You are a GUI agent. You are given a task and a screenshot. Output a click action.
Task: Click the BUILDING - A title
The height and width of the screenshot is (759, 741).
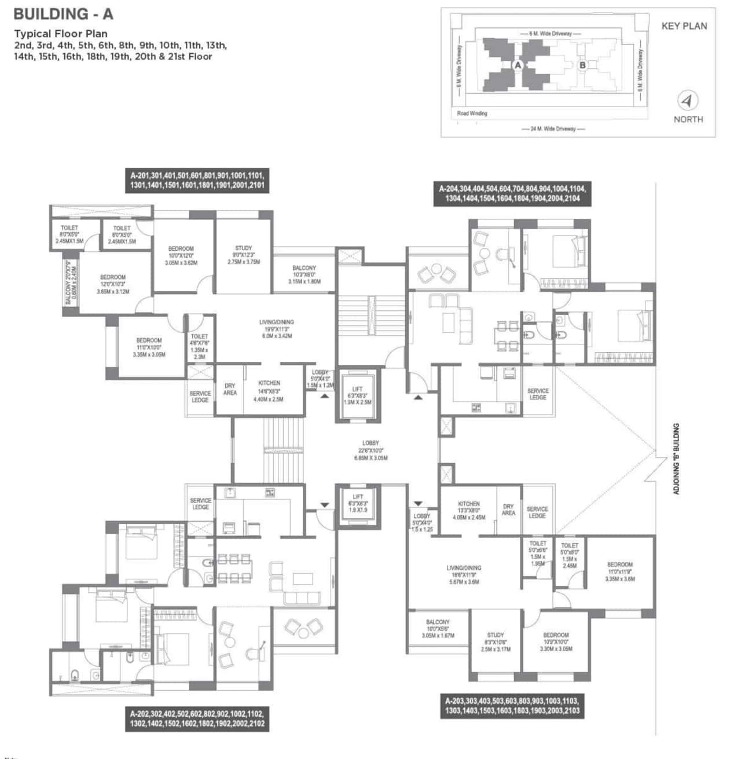tap(63, 13)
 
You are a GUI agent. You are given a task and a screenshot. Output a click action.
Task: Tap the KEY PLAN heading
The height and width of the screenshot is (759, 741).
tap(684, 26)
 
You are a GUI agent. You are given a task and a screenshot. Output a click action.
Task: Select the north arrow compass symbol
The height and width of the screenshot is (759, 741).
tap(688, 101)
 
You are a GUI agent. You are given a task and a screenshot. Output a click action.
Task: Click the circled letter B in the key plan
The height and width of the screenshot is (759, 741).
tap(582, 65)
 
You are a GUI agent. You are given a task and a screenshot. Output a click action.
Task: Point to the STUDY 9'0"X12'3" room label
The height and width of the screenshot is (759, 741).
tap(244, 255)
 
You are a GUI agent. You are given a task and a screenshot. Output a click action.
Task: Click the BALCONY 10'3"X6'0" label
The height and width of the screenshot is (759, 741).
tap(304, 274)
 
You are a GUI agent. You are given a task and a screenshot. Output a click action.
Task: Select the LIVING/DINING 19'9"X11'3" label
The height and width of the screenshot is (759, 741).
tap(277, 328)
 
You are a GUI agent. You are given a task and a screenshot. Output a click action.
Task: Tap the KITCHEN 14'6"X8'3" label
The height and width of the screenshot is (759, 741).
tap(269, 390)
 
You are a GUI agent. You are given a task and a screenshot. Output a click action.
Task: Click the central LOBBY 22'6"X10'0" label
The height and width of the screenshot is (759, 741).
tap(370, 450)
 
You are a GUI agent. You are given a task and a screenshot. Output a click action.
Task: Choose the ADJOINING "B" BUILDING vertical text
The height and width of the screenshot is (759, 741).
tap(676, 459)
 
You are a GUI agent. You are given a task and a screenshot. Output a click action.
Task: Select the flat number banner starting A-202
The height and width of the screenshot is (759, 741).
tap(197, 718)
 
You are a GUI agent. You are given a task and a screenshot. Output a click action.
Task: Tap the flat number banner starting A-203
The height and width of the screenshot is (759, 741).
tap(512, 705)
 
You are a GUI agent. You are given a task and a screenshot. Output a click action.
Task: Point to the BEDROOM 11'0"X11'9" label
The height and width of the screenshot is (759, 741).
tap(619, 571)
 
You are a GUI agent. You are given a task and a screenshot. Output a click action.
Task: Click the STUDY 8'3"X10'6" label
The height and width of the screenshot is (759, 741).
tap(496, 641)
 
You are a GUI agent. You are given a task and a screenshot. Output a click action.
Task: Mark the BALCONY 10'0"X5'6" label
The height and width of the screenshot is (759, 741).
tap(438, 628)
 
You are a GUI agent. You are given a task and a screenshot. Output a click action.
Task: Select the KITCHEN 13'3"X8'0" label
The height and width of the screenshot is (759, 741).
tap(468, 510)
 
